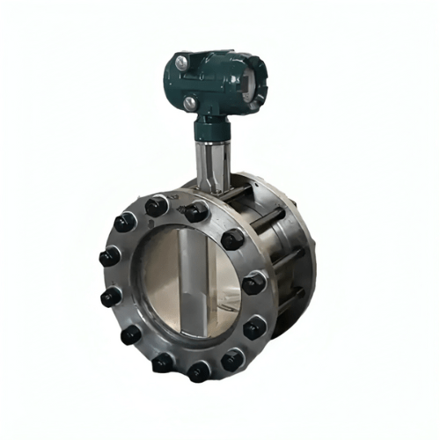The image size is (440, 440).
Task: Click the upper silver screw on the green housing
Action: (180, 62)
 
